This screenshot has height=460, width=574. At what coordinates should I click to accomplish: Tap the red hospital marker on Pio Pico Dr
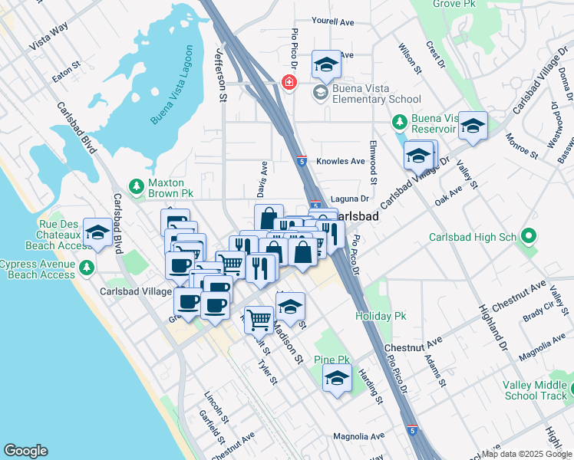click(x=289, y=81)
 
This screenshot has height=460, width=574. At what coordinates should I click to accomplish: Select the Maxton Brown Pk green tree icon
click(x=136, y=186)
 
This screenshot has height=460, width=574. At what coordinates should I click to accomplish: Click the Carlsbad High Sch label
click(x=472, y=237)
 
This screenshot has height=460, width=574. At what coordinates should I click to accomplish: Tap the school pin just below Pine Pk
click(x=337, y=379)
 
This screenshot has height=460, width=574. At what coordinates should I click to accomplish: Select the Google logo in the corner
click(x=25, y=451)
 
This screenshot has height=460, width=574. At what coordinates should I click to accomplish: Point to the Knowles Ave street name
click(x=347, y=162)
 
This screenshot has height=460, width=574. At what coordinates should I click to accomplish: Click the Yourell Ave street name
click(x=333, y=22)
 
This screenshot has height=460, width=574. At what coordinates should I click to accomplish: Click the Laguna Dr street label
click(x=349, y=199)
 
